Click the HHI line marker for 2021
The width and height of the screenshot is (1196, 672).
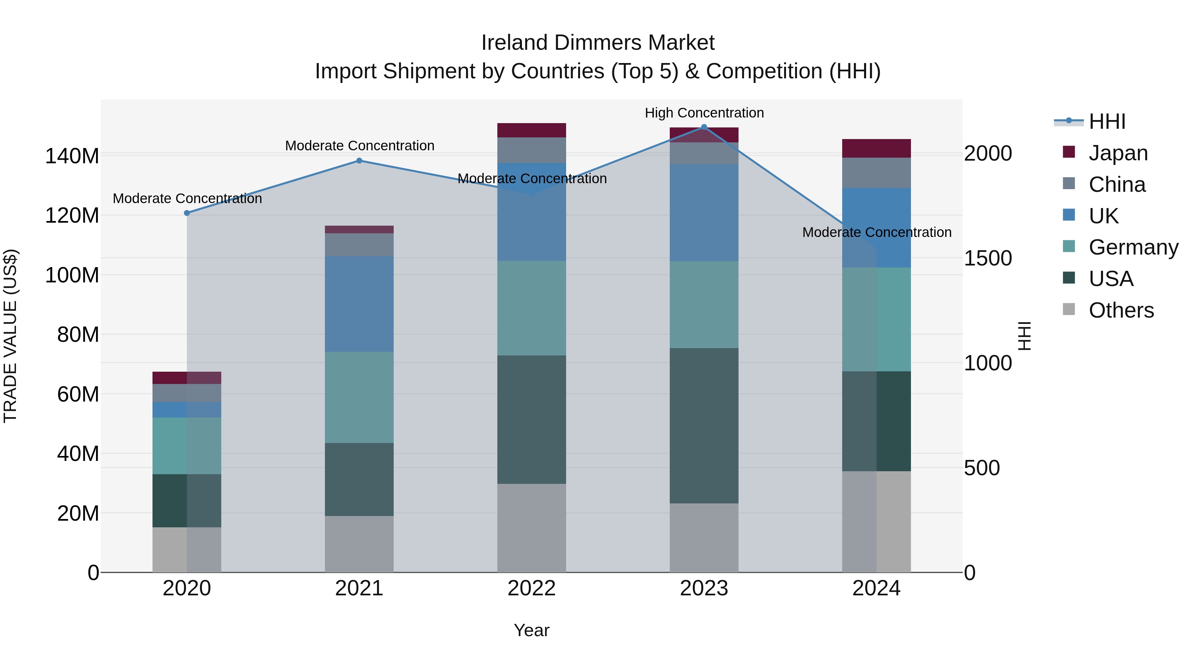click(359, 161)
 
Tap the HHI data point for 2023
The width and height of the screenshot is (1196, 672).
click(704, 127)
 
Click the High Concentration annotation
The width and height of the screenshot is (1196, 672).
click(704, 113)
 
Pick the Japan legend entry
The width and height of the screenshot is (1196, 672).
click(1118, 153)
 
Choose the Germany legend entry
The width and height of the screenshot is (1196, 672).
click(1133, 247)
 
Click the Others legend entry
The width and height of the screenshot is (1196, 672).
click(1121, 310)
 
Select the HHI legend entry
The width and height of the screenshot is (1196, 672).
click(1107, 121)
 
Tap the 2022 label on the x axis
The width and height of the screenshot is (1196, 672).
click(531, 588)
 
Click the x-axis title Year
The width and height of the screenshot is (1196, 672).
click(531, 630)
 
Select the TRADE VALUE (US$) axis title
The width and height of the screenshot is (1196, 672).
click(10, 336)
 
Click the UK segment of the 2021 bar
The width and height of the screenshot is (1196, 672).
click(359, 304)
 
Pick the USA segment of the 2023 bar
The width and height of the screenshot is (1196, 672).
click(704, 425)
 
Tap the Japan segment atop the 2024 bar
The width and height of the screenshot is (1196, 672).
click(876, 148)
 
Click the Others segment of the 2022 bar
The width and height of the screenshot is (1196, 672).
click(531, 528)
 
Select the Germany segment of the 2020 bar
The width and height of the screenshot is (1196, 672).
click(187, 446)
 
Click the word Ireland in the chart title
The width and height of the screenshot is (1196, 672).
click(515, 43)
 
